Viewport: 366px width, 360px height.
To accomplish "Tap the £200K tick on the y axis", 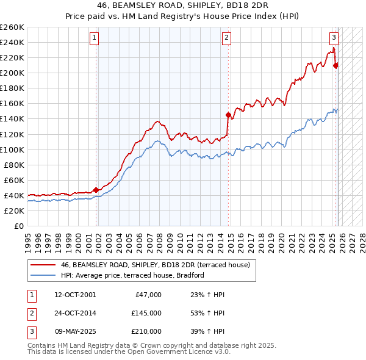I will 12,73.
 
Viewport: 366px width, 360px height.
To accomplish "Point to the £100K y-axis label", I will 12,149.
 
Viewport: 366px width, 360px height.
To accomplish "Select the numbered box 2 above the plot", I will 226,38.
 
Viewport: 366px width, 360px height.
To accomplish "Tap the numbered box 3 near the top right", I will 334,38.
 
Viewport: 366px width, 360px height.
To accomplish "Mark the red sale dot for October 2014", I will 228,115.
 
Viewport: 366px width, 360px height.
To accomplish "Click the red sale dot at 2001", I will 96,190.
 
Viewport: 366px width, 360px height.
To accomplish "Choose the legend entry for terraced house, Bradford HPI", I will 132,276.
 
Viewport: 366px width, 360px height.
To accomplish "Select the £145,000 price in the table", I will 146,313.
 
